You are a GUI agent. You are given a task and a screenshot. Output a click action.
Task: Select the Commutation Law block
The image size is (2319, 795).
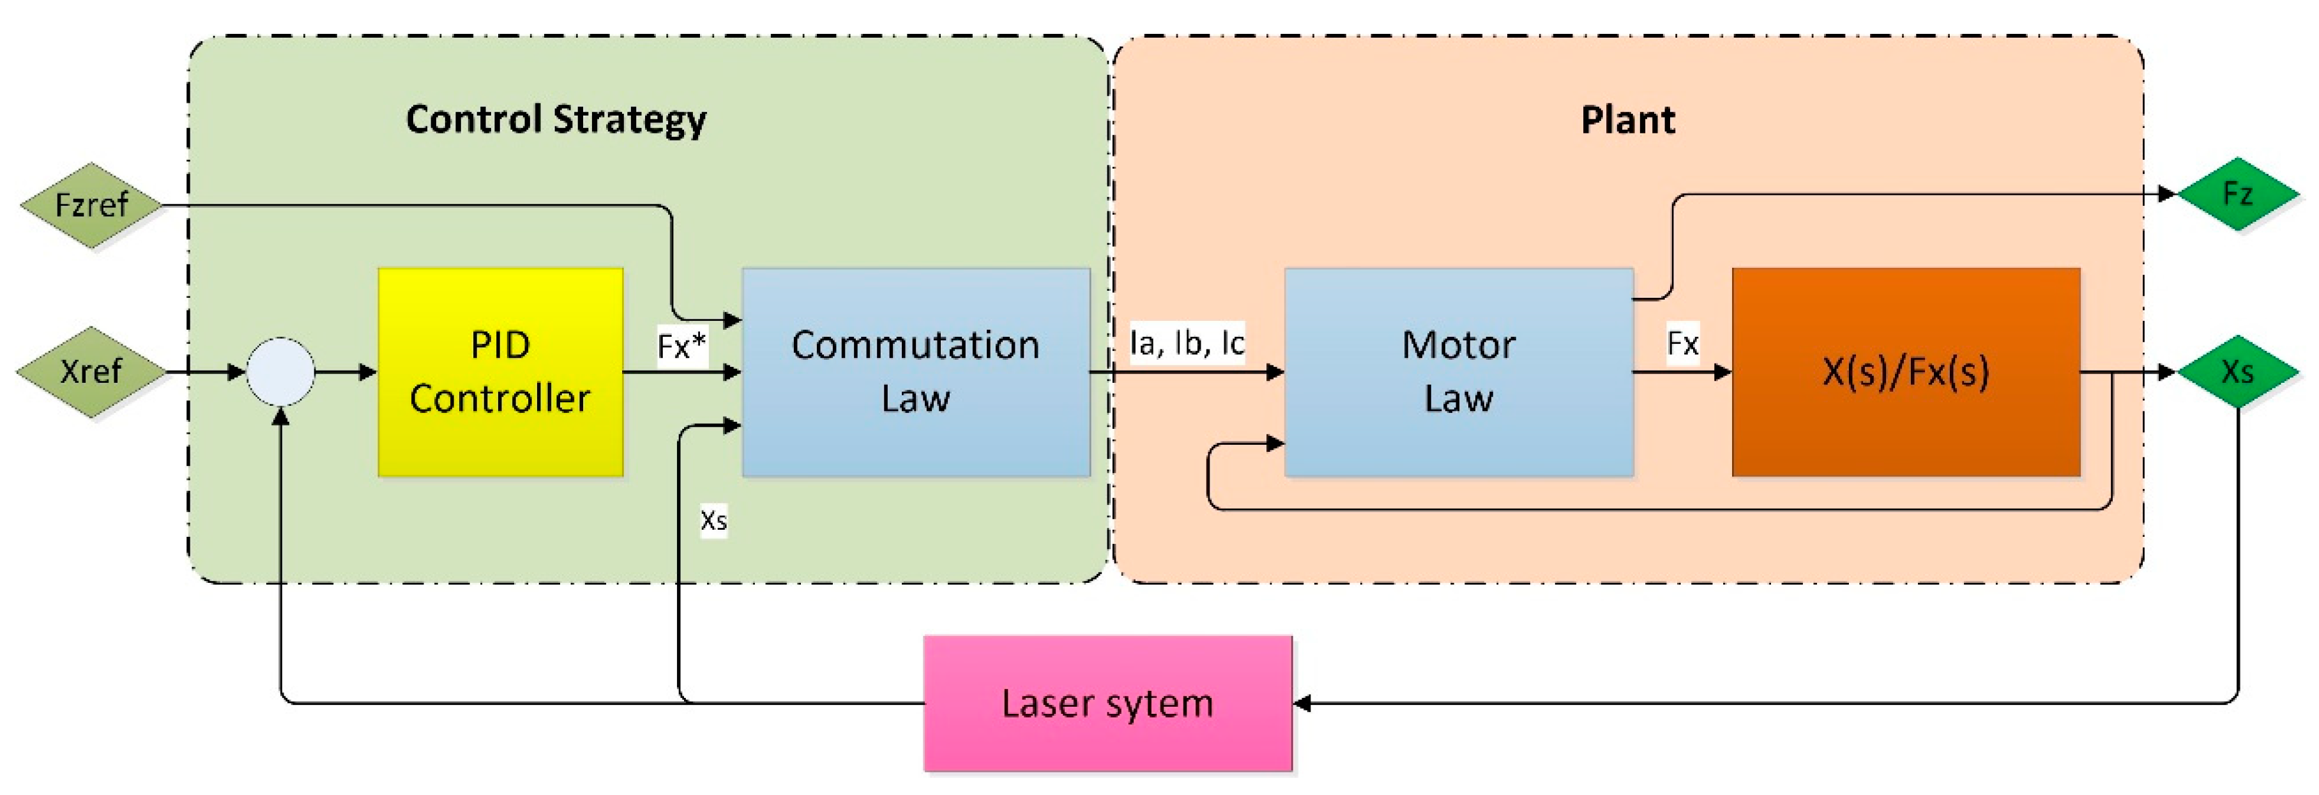pos(916,372)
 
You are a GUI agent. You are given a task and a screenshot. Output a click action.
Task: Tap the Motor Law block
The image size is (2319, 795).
pos(1457,372)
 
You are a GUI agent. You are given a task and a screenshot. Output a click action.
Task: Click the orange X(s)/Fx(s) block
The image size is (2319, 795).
pos(1905,372)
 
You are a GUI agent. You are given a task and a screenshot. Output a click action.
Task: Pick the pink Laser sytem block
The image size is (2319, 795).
pos(1107,703)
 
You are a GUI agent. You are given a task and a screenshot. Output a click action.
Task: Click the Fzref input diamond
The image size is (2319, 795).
pos(91,205)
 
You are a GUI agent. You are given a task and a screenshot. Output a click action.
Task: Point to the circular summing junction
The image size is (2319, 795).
pos(281,372)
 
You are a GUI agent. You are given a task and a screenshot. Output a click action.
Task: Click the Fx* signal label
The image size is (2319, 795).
pos(681,346)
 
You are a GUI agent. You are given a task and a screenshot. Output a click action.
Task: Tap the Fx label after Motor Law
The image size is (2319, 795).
pos(1682,343)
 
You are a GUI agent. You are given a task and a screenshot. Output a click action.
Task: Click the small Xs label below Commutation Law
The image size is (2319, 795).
pos(714,520)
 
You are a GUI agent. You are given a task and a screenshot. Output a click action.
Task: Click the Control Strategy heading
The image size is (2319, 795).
pos(556,120)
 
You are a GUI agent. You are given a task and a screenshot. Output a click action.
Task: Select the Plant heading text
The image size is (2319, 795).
pos(1627,120)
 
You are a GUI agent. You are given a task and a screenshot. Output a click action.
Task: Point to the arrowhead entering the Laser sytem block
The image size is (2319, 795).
pos(1302,703)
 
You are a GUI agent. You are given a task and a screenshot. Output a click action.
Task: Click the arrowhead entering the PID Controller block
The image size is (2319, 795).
pos(369,372)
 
